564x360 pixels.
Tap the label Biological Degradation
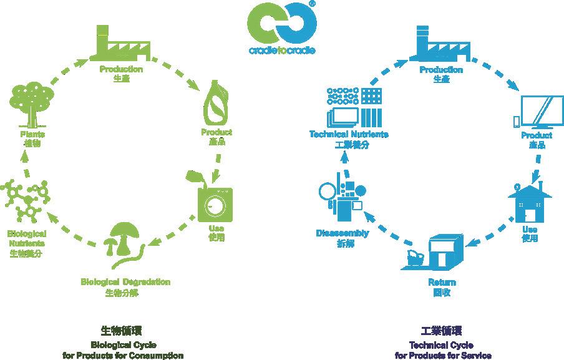click(125, 282)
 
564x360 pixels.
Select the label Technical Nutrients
click(349, 135)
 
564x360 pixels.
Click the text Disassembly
click(342, 233)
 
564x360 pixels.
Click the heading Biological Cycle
click(124, 344)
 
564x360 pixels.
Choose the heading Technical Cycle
click(442, 345)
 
